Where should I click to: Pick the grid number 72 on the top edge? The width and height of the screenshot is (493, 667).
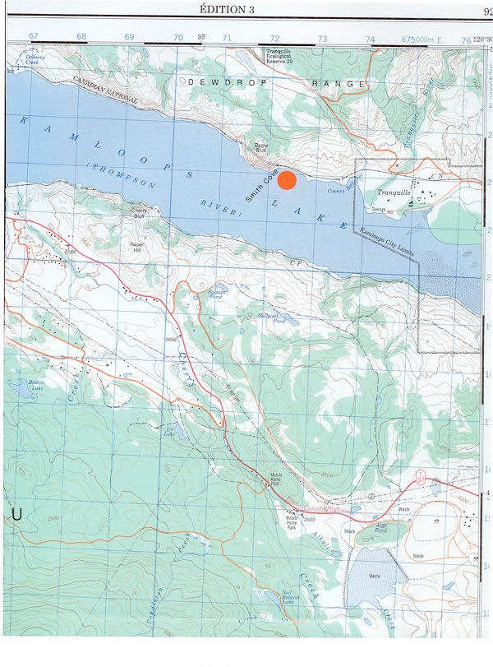click(x=275, y=38)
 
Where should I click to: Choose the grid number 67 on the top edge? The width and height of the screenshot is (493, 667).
click(x=34, y=37)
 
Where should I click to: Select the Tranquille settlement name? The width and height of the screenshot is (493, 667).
click(x=392, y=193)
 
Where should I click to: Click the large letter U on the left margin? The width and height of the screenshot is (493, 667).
click(x=15, y=514)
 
